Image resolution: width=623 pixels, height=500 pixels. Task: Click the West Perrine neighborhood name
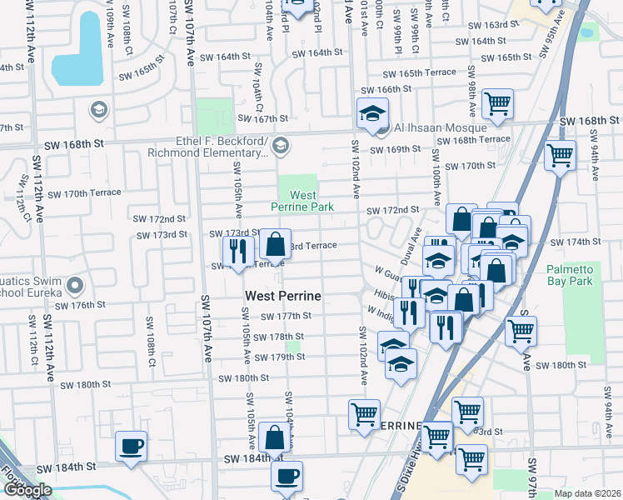pos(283,296)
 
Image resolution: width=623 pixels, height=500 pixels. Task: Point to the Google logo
pos(27,490)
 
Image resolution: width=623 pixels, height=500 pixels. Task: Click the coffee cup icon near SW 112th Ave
pos(131,445)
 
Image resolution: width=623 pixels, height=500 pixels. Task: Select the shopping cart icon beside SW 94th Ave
pos(560,154)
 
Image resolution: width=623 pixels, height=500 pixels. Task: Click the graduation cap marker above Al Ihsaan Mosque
pos(372,112)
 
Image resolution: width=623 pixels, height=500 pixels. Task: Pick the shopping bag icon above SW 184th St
pos(274,437)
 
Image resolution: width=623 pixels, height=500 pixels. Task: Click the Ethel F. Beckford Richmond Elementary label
pos(208,146)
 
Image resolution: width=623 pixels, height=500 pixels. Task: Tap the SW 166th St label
pos(387,89)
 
